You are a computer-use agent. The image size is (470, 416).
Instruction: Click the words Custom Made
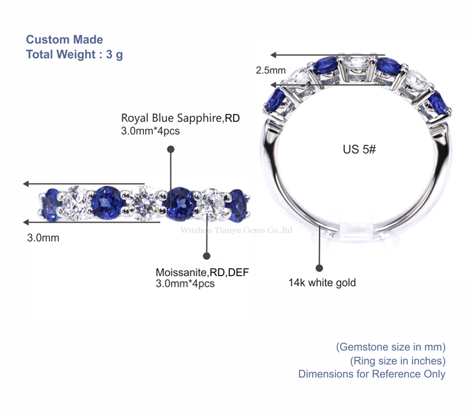pos(64,40)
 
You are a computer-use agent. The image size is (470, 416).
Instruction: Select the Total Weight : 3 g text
pos(74,55)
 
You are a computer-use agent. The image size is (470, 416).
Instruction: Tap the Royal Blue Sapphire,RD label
pos(180,118)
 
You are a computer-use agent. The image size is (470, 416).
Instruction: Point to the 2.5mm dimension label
pos(270,71)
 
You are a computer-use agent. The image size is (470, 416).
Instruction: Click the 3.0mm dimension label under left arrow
pos(43,239)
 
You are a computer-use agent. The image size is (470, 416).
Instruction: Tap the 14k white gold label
pos(322,283)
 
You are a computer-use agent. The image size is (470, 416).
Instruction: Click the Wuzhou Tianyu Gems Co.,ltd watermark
pos(236,230)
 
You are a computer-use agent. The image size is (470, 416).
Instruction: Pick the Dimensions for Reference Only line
pos(371,374)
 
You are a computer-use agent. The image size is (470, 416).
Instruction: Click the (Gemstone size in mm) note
pos(391,347)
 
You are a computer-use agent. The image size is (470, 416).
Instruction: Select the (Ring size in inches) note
pos(397,360)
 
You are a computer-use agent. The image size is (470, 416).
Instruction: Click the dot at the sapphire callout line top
pos(170,150)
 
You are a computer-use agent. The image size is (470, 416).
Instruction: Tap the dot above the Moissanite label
pos(206,256)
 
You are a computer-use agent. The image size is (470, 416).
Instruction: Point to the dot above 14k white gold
pos(320,267)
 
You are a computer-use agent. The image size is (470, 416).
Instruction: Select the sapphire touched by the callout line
pos(179,203)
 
